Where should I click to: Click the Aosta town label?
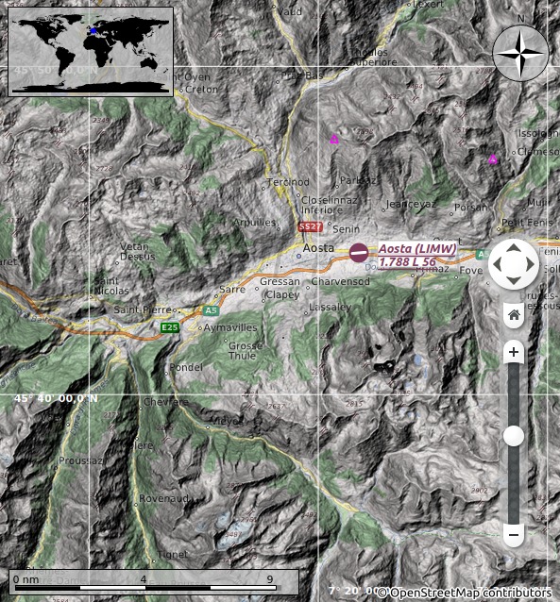tap(318, 247)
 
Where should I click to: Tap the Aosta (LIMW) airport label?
tap(416, 248)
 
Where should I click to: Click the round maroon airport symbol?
tap(359, 253)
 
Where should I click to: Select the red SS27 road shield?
tap(310, 227)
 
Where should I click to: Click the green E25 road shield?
tap(170, 327)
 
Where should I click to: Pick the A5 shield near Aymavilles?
tap(212, 309)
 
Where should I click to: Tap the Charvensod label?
tap(340, 281)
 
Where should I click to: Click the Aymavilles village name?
tap(230, 326)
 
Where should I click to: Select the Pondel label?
tap(187, 367)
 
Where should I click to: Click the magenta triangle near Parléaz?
tap(333, 140)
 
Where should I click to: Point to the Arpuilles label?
tap(254, 223)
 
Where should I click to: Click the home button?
tap(514, 314)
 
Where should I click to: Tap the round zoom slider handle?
tap(514, 435)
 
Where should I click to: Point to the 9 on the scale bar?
tap(270, 579)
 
